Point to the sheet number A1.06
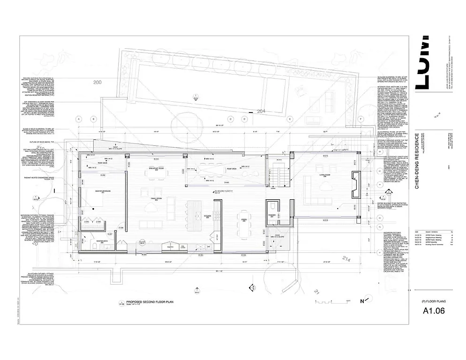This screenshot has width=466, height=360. click(x=433, y=310)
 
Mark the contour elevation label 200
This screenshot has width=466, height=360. click(x=98, y=82)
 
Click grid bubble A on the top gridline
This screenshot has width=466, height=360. click(x=79, y=119)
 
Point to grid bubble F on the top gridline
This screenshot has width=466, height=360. click(x=361, y=119)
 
